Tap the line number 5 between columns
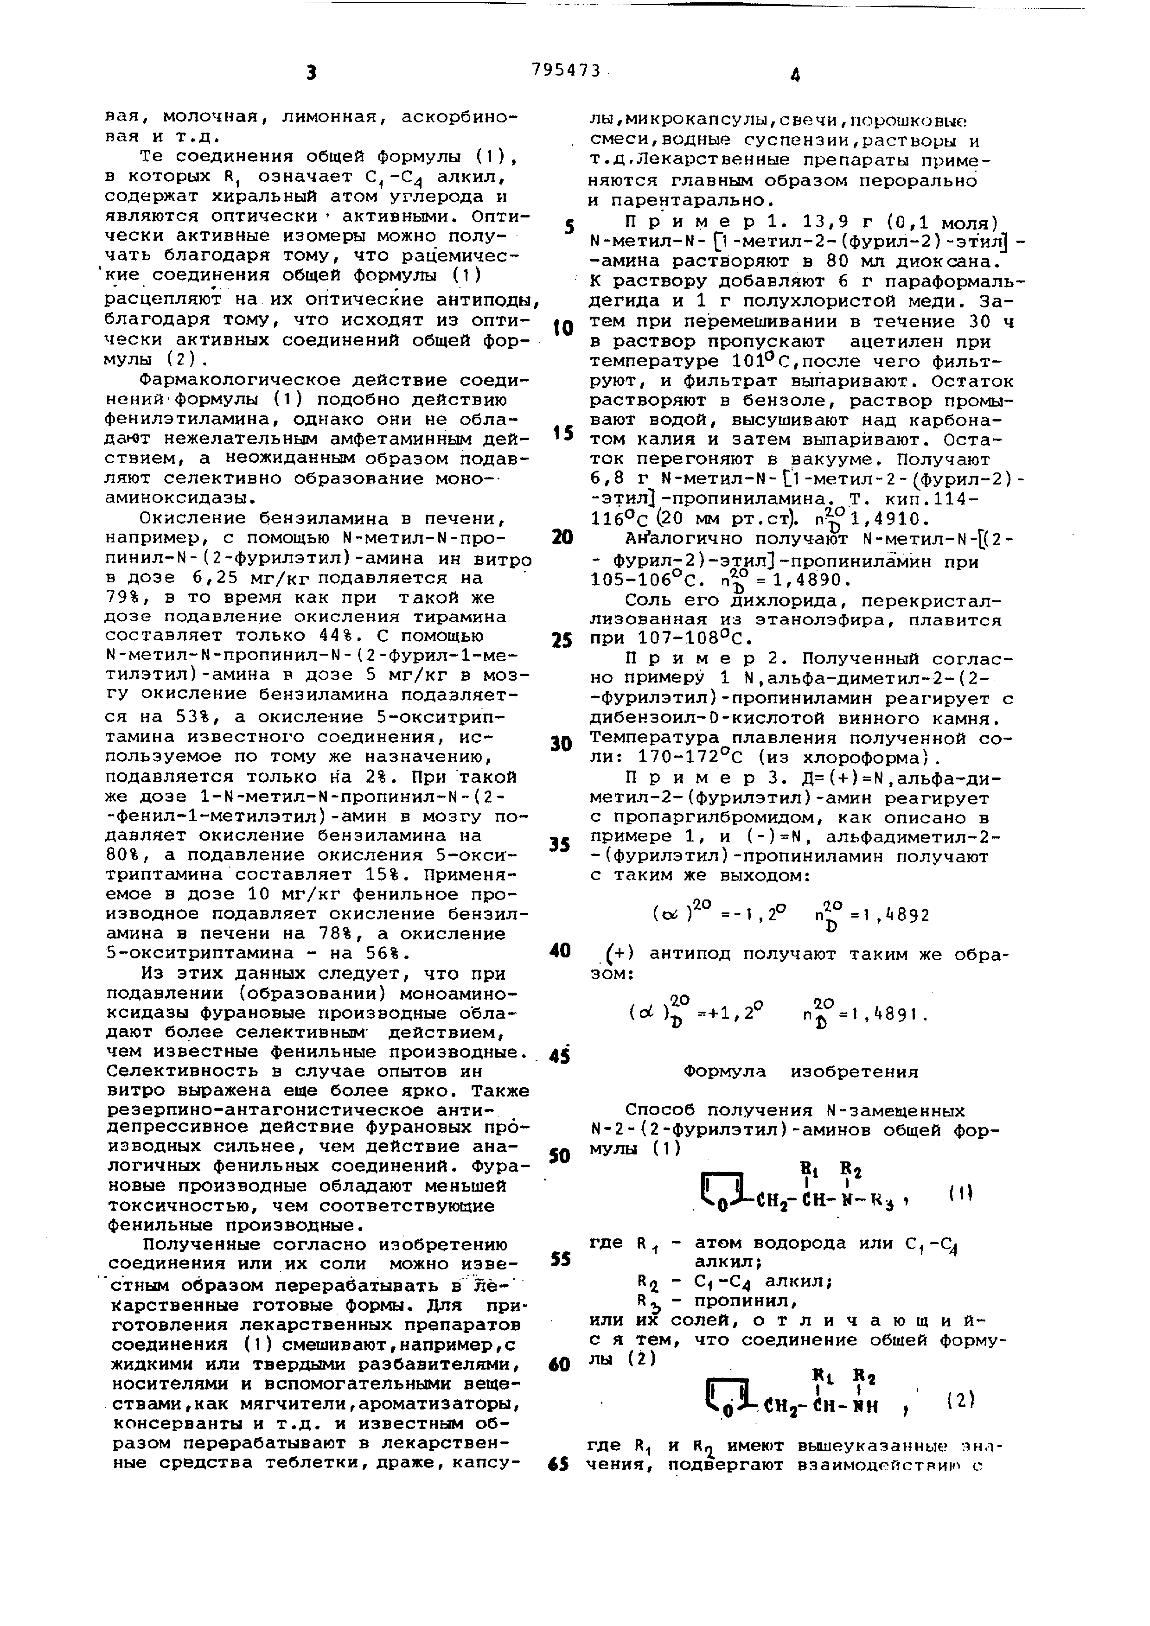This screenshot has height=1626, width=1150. [568, 227]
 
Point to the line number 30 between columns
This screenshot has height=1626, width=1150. [560, 744]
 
